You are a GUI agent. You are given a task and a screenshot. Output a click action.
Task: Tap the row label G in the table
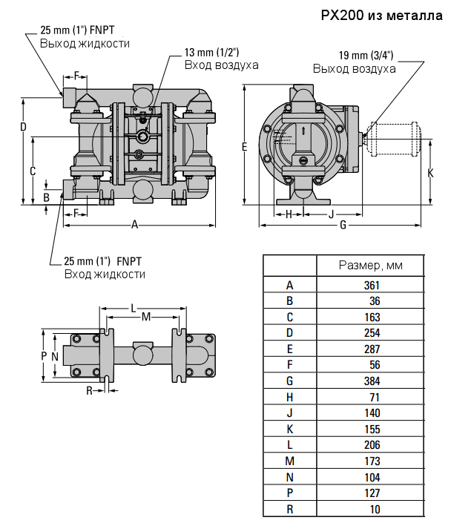289,381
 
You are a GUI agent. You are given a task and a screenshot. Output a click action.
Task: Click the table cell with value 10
374,509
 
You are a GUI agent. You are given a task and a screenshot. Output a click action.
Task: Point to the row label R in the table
289,509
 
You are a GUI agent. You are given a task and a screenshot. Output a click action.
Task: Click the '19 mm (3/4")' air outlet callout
366,56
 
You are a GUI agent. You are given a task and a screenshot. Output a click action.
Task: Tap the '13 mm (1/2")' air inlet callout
211,53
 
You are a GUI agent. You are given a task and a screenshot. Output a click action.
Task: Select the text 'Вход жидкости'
104,274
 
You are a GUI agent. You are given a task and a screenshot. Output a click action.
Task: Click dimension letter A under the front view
134,224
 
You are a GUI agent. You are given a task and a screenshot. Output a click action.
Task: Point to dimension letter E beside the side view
244,147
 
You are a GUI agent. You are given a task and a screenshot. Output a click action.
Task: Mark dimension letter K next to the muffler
431,172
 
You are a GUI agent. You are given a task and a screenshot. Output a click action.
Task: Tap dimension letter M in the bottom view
145,318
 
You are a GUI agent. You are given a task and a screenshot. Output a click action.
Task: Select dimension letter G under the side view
343,225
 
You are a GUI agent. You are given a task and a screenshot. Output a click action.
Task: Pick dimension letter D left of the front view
23,127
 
